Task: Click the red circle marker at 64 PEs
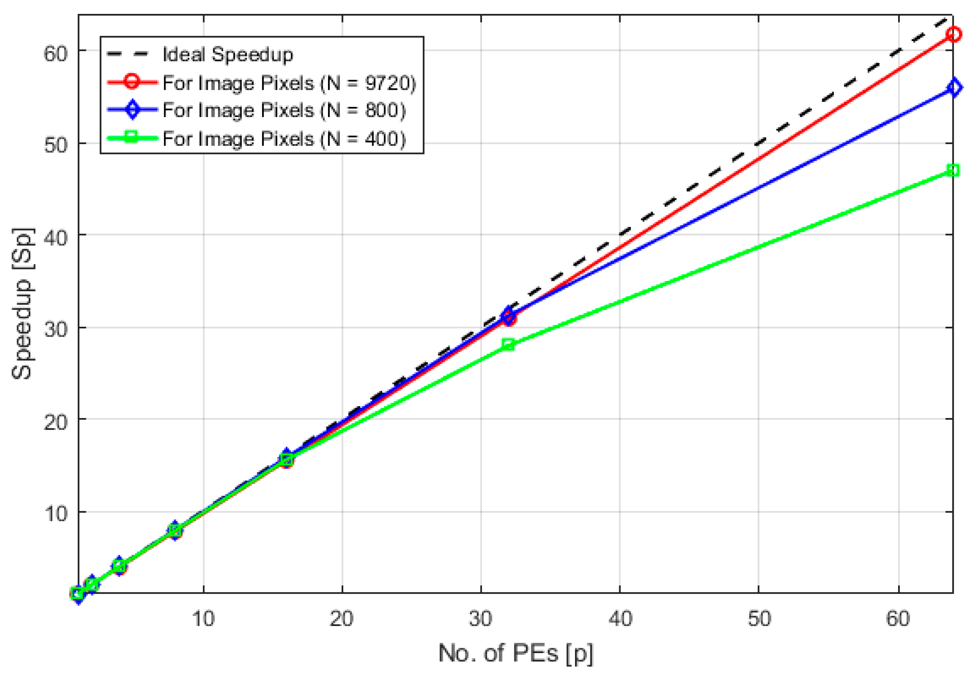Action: pyautogui.click(x=953, y=34)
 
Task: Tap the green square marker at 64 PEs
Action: pyautogui.click(x=953, y=170)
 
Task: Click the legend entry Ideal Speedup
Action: pyautogui.click(x=228, y=54)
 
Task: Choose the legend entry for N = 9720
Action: pyautogui.click(x=289, y=83)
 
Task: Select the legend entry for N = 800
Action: pyautogui.click(x=284, y=110)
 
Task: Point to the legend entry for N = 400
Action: pyautogui.click(x=284, y=139)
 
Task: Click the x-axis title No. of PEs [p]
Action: pyautogui.click(x=516, y=653)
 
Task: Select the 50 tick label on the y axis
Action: pyautogui.click(x=55, y=145)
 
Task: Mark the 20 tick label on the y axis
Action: pyautogui.click(x=55, y=421)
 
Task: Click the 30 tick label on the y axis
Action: pyautogui.click(x=55, y=329)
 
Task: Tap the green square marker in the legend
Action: pyautogui.click(x=132, y=138)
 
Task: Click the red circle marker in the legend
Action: pyautogui.click(x=132, y=81)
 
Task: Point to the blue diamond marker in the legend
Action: pyautogui.click(x=132, y=110)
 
